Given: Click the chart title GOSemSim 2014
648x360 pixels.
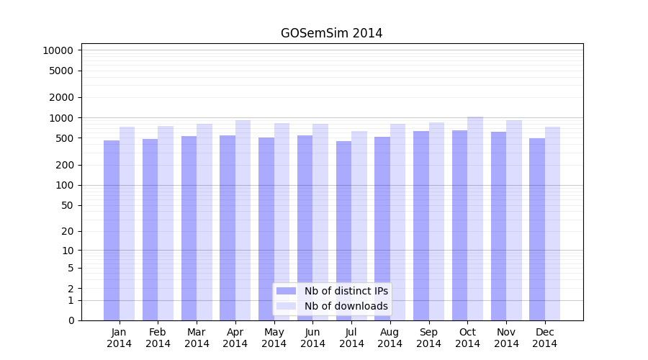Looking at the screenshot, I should click(x=331, y=33).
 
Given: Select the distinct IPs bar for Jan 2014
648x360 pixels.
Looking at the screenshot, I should click(x=112, y=230).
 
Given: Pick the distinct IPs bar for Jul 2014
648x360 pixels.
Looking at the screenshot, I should click(x=343, y=230).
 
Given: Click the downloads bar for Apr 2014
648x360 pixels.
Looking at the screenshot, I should click(x=243, y=220).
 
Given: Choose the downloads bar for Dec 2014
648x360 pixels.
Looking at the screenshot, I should click(x=552, y=223).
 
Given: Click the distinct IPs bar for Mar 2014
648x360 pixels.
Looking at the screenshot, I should click(x=189, y=228).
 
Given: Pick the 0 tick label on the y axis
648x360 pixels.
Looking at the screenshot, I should click(x=71, y=320).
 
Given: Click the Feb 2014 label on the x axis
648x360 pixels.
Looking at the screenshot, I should click(x=158, y=338).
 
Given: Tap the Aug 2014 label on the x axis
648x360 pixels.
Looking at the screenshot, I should click(x=390, y=338).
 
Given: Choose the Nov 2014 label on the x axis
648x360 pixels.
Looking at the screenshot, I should click(x=506, y=338).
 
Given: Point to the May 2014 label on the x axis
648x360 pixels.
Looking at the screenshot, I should click(x=274, y=338).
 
